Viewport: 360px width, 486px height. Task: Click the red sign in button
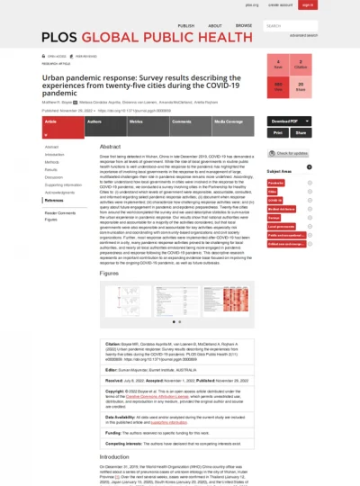click(308, 4)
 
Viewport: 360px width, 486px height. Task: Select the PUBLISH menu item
click(185, 26)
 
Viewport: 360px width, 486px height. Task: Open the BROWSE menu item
click(243, 26)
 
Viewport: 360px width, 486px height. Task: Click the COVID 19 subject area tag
click(274, 199)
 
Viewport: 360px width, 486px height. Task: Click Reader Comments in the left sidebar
click(60, 211)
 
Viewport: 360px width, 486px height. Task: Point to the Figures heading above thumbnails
click(109, 273)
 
